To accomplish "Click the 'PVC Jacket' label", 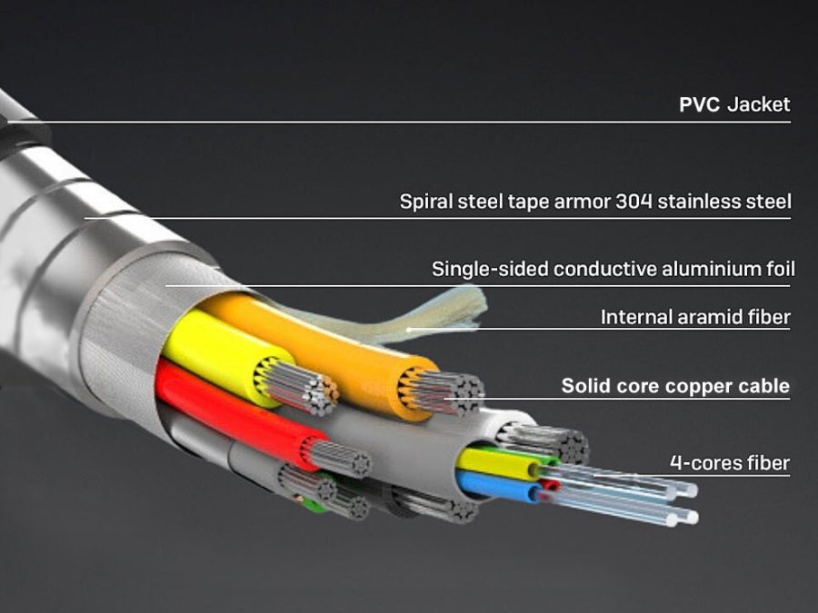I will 734,104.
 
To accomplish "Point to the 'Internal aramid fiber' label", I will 695,318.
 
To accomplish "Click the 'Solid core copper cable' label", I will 675,386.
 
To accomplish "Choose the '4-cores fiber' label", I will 730,463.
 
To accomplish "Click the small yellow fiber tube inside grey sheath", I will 495,464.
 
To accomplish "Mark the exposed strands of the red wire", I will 341,459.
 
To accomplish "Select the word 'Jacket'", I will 758,104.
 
